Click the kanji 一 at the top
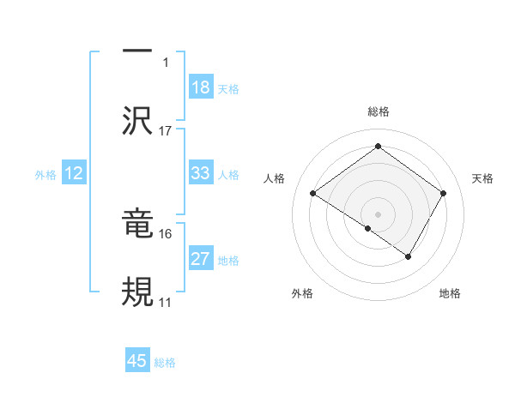tap(137, 51)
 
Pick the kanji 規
tap(137, 291)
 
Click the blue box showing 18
tap(201, 87)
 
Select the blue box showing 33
tap(201, 173)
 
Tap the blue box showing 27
tap(201, 259)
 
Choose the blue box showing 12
tap(74, 173)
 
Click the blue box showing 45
tap(137, 361)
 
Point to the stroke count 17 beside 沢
tap(166, 131)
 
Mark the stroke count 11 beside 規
tap(166, 303)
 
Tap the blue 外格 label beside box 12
tap(45, 174)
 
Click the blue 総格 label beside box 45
tap(165, 363)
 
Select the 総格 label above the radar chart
tap(379, 111)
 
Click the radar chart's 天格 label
tap(482, 178)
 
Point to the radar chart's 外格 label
tap(302, 293)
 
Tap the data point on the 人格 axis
tap(313, 194)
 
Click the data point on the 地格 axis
tap(409, 256)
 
